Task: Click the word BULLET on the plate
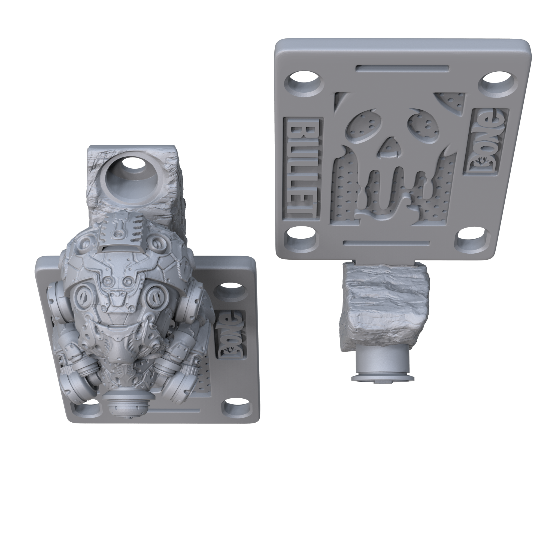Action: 302,169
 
